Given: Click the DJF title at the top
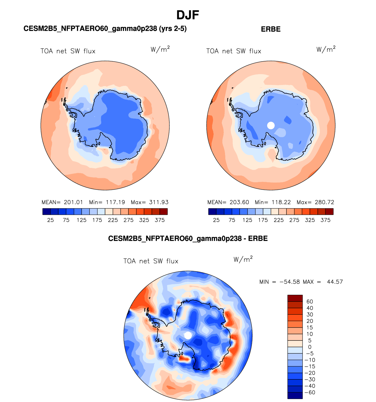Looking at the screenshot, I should [188, 15].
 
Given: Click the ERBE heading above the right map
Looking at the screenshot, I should [271, 29].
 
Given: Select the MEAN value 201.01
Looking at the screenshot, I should [73, 202].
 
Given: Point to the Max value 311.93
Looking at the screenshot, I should [159, 202].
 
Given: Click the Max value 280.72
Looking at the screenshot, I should [324, 202].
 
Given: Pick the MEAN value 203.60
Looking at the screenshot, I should [239, 202].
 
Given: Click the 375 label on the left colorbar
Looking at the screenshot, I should [160, 220].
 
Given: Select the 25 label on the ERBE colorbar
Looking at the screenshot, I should [216, 220].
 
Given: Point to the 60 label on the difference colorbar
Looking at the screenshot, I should [310, 301].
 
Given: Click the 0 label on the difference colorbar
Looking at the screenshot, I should [310, 347].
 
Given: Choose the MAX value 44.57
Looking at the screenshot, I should [335, 282].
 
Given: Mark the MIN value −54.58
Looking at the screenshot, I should [290, 282].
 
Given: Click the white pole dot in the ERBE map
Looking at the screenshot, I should [271, 125].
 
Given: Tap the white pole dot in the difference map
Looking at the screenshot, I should [188, 335].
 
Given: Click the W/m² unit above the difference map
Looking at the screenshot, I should [243, 260].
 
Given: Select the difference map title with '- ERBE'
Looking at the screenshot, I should [188, 239].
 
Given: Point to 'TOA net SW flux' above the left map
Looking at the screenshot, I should [68, 51].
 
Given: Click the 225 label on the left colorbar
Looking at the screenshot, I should [113, 220].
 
